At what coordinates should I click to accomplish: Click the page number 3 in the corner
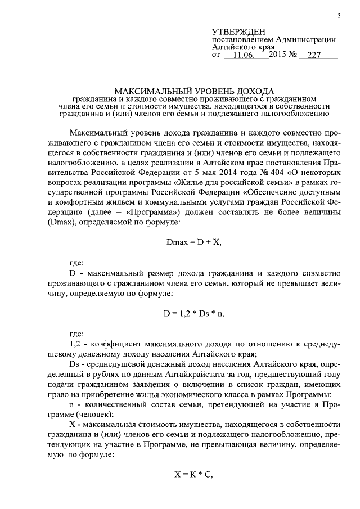pyautogui.click(x=339, y=15)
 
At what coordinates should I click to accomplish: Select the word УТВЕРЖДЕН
pyautogui.click(x=238, y=31)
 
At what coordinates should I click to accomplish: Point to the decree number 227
pyautogui.click(x=310, y=56)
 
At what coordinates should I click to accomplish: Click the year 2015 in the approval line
pyautogui.click(x=279, y=56)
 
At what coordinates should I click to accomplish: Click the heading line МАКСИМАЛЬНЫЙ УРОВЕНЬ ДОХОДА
pyautogui.click(x=194, y=90)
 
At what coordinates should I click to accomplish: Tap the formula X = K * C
pyautogui.click(x=195, y=475)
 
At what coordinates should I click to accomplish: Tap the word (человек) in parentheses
pyautogui.click(x=85, y=415)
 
